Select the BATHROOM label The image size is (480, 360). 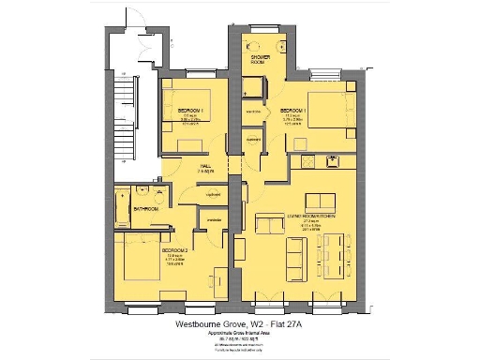(x=145, y=209)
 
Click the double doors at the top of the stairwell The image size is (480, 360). (x=147, y=42)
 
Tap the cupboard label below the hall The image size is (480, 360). (x=212, y=195)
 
